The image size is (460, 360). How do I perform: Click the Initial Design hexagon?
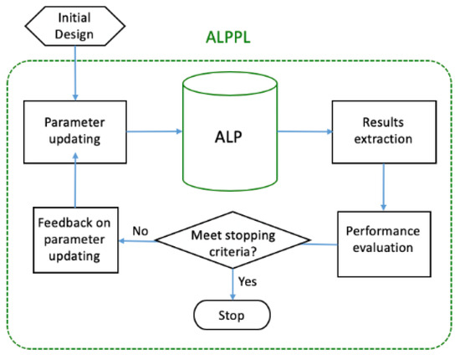point(76,26)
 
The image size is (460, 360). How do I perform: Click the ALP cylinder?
point(229,134)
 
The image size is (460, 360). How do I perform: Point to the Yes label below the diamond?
point(248,282)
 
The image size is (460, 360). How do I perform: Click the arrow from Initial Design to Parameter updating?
point(76,75)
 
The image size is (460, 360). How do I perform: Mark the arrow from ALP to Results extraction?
point(305,131)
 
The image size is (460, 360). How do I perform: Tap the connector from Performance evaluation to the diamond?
point(326,244)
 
